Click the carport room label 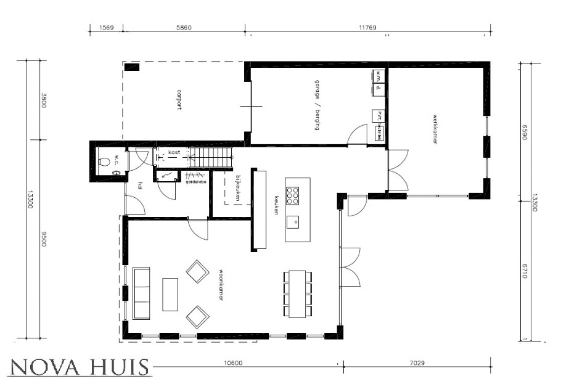coord(179,100)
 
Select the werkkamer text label coord(435,129)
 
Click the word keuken coord(277,206)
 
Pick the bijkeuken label coord(237,189)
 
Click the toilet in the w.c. coord(105,162)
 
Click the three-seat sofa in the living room coord(141,293)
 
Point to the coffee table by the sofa coord(170,294)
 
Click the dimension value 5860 coord(183,28)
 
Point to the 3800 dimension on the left coord(44,99)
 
